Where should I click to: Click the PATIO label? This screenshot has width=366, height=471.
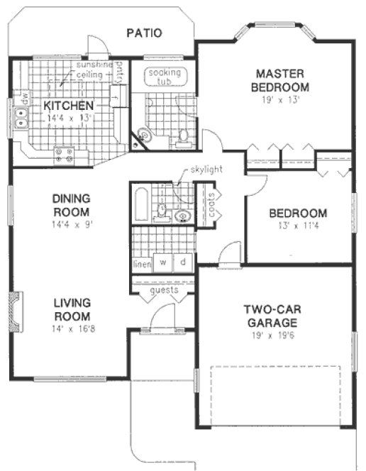144,33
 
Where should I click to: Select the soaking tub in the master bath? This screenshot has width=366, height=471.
164,77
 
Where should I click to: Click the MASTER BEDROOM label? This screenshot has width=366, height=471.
282,79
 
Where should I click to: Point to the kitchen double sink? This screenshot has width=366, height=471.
21,118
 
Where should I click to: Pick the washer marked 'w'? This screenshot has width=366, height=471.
163,262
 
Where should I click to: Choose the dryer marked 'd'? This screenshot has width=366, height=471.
184,262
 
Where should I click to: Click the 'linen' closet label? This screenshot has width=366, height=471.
141,264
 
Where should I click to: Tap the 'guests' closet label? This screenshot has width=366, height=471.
165,290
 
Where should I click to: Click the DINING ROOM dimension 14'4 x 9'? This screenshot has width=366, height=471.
72,224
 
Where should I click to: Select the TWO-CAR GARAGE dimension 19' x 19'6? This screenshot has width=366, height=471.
274,334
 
